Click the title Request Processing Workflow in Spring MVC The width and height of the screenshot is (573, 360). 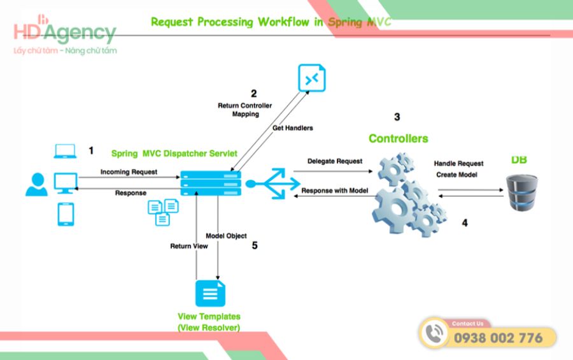[x=271, y=22]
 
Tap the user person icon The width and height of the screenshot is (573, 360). [x=36, y=184]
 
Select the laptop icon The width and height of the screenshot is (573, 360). [x=65, y=152]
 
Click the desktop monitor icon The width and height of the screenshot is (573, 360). [x=66, y=184]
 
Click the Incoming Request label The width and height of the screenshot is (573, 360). [x=129, y=172]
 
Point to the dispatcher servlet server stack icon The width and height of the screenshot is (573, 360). [x=211, y=184]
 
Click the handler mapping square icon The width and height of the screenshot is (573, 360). [x=311, y=78]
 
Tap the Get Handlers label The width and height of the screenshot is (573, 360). [x=293, y=128]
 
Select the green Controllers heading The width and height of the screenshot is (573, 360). [x=398, y=138]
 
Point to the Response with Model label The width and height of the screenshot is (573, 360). [x=335, y=191]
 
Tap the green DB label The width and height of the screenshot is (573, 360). [x=520, y=159]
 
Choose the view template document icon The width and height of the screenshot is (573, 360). [x=211, y=293]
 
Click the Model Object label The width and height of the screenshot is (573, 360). [x=226, y=236]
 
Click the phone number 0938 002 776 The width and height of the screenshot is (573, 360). [x=498, y=338]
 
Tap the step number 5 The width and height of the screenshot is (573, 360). [x=255, y=245]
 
